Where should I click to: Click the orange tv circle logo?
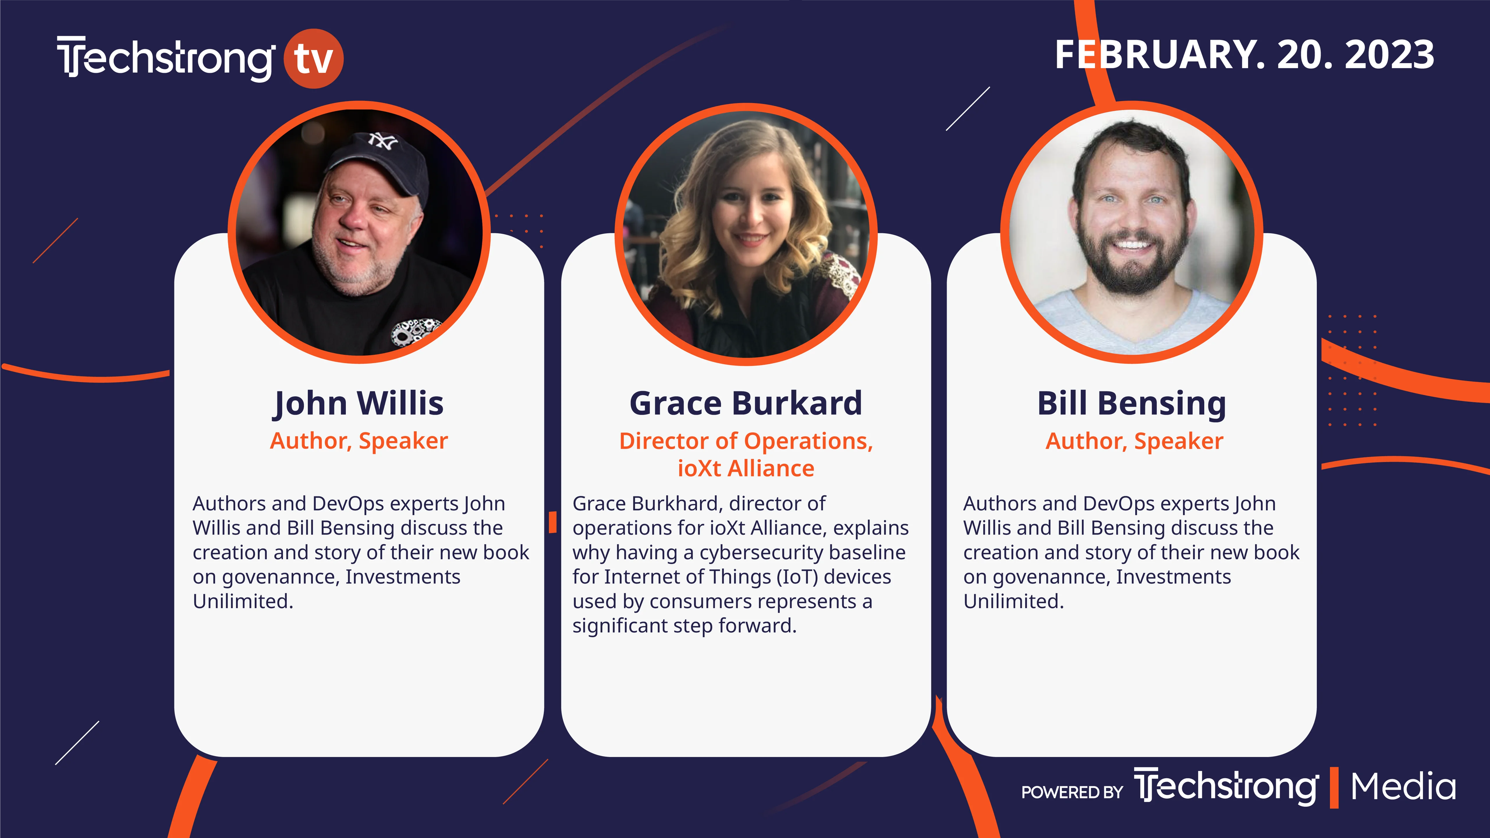coord(313,58)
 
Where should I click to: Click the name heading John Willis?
coord(359,403)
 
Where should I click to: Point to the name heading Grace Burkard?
coord(746,403)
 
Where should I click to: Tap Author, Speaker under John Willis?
coord(359,441)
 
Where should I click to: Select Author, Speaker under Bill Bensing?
coord(1134,441)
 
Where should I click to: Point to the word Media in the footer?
coord(1403,787)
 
